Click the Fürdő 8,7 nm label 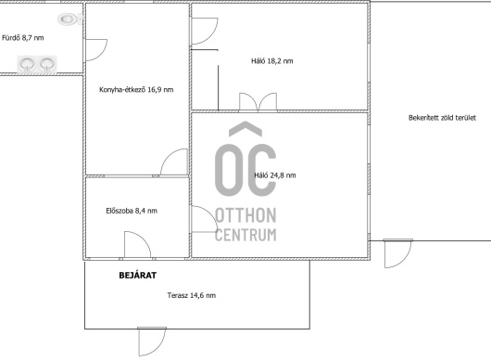pyautogui.click(x=23, y=38)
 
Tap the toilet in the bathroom pyautogui.click(x=69, y=19)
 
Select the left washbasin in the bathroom pyautogui.click(x=27, y=64)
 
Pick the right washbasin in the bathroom pyautogui.click(x=47, y=64)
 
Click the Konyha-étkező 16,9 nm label pyautogui.click(x=136, y=90)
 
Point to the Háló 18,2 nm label pyautogui.click(x=272, y=61)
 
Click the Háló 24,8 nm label pyautogui.click(x=275, y=175)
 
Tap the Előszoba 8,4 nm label pyautogui.click(x=132, y=211)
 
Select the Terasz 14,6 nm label pyautogui.click(x=192, y=295)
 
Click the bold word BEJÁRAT pyautogui.click(x=138, y=276)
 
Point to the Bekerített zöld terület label pyautogui.click(x=442, y=118)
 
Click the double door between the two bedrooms pyautogui.click(x=258, y=102)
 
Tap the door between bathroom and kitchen pyautogui.click(x=95, y=49)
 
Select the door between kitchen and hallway pyautogui.click(x=174, y=162)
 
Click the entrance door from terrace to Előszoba pyautogui.click(x=137, y=245)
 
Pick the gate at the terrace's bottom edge pyautogui.click(x=152, y=342)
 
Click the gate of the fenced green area pyautogui.click(x=397, y=253)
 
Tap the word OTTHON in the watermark pyautogui.click(x=245, y=215)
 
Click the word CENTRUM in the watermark pyautogui.click(x=245, y=235)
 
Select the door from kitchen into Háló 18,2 pyautogui.click(x=204, y=31)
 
